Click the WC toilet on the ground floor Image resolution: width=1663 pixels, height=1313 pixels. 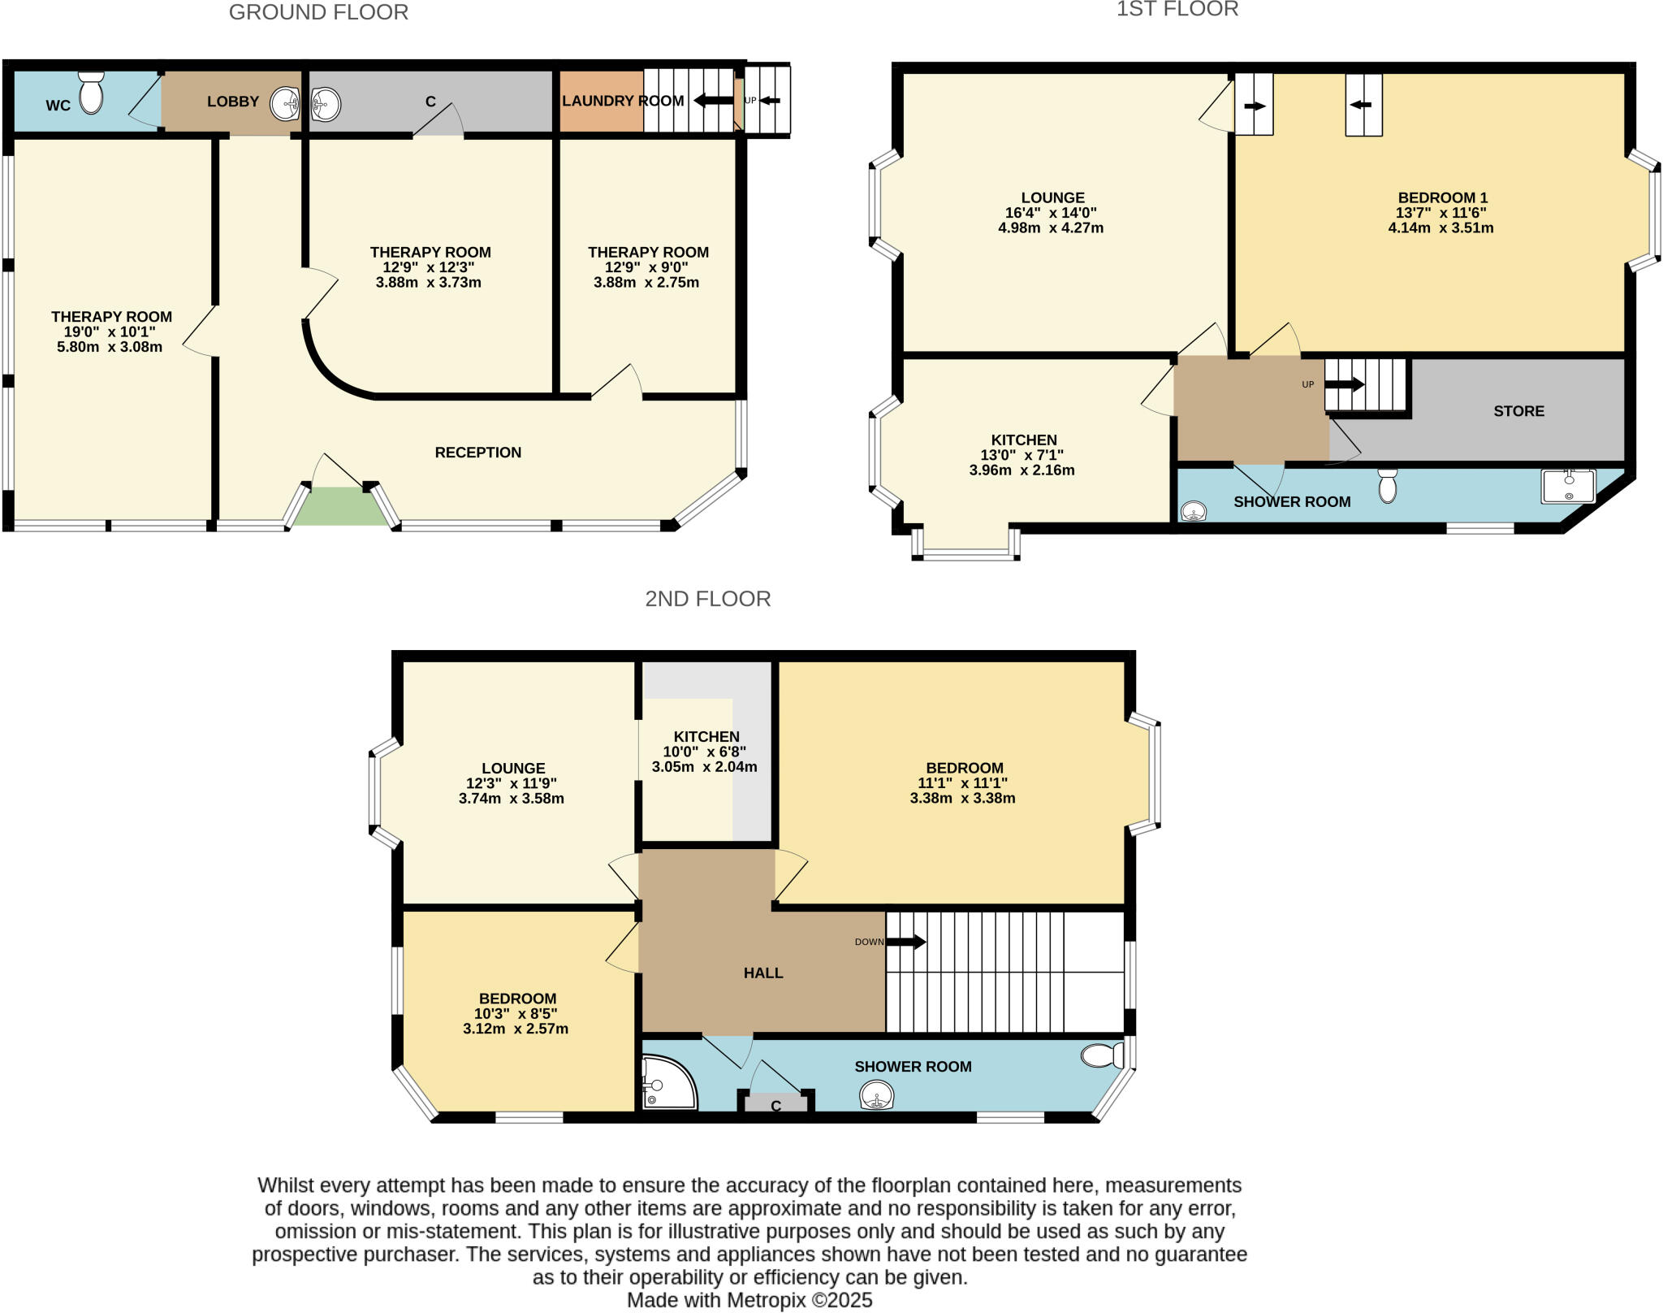click(91, 92)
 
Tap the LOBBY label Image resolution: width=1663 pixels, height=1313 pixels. click(232, 102)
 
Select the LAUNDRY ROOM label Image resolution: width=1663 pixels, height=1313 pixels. click(623, 101)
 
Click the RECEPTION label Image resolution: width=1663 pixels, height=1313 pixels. click(477, 453)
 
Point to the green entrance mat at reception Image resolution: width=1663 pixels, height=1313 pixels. click(340, 506)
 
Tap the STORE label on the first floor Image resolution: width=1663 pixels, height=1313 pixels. click(1518, 411)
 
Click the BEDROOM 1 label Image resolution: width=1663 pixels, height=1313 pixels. click(1442, 197)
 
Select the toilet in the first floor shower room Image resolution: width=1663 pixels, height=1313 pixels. click(1388, 485)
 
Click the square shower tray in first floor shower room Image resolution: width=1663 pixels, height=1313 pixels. click(1568, 485)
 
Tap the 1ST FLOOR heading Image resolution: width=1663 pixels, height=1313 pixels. click(1177, 10)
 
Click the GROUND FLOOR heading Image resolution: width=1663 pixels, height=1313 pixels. click(318, 12)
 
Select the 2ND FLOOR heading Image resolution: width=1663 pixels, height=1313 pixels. click(707, 599)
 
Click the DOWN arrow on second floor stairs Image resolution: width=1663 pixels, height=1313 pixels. click(905, 942)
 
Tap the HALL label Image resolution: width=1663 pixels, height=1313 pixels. click(763, 973)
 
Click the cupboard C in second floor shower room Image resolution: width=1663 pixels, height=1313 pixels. click(775, 1105)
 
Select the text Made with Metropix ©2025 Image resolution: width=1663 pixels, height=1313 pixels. click(749, 1300)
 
